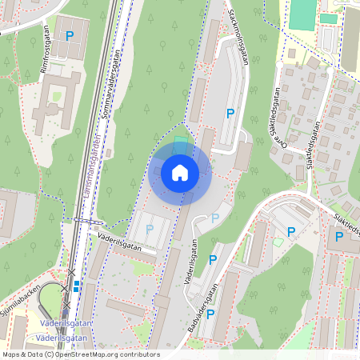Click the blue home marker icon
click(x=180, y=172)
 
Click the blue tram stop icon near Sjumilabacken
click(x=77, y=284)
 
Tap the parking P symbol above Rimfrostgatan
click(x=70, y=35)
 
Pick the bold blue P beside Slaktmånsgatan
click(x=230, y=114)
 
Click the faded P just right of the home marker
click(x=214, y=218)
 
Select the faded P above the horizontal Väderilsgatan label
click(x=149, y=230)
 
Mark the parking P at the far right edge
click(x=339, y=236)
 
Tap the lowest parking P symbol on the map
click(x=210, y=314)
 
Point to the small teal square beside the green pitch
click(x=328, y=18)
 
